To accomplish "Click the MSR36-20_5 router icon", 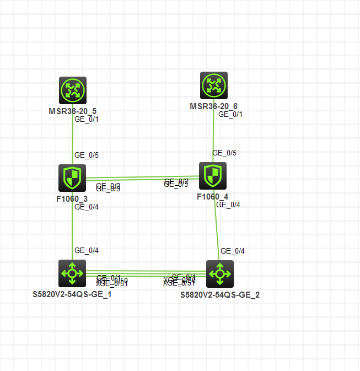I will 73,90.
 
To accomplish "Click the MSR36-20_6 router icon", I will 214,85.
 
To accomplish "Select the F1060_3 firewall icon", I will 72,178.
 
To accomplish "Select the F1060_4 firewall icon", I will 213,176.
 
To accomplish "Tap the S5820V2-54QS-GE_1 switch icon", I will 72,273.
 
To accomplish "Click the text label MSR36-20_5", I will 73,111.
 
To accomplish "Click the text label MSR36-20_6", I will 214,106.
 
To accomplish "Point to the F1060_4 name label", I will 212,196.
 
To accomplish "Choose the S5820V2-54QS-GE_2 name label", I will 220,295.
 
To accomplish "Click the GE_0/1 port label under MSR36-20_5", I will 86,119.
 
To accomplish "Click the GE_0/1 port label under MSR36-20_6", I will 230,114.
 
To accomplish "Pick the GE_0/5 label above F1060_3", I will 86,155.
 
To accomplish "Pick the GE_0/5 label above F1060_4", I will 224,153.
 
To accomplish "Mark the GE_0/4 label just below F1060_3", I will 86,207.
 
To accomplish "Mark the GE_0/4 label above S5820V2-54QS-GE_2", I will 232,251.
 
